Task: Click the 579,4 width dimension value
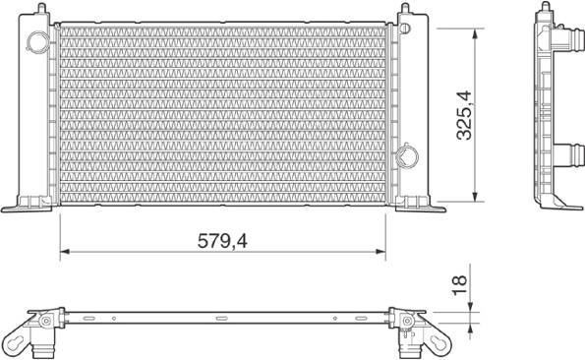tap(222, 241)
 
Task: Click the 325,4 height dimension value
tap(464, 115)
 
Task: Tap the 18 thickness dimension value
tap(460, 285)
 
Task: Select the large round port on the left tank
tap(37, 41)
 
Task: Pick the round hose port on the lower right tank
tap(407, 156)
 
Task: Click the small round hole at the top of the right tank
tap(405, 28)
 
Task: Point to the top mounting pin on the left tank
tap(41, 8)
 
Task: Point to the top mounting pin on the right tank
tap(405, 8)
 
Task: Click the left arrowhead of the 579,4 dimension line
tap(65, 252)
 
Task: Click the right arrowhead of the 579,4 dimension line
tap(380, 252)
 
